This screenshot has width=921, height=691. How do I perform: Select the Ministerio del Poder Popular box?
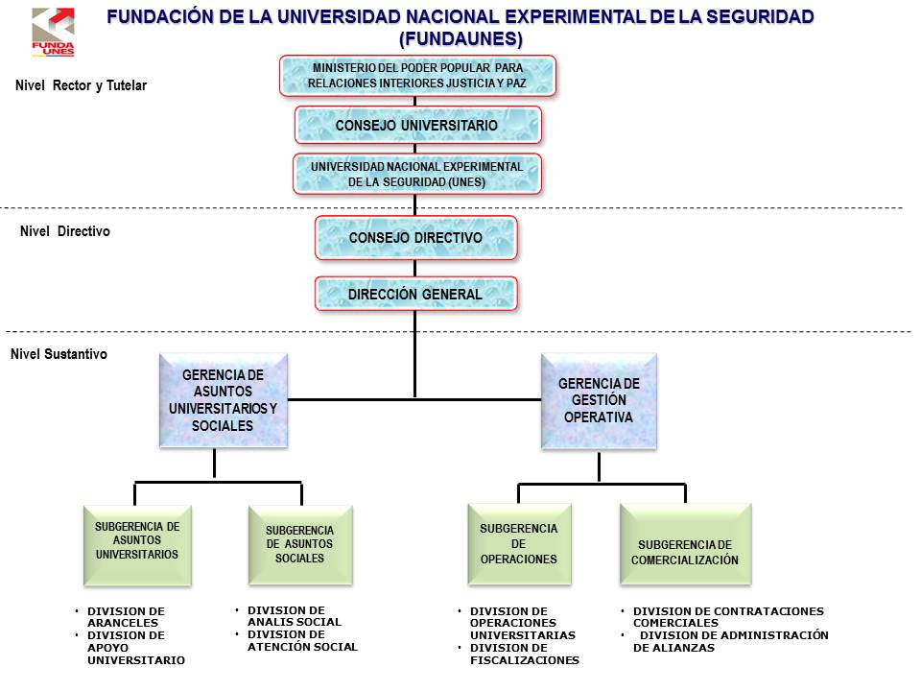click(417, 76)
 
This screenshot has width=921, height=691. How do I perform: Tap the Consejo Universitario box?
click(417, 125)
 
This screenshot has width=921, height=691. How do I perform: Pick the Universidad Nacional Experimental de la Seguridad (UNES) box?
click(417, 174)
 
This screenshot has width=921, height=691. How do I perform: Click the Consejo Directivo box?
click(416, 237)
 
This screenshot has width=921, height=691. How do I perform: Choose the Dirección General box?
click(416, 294)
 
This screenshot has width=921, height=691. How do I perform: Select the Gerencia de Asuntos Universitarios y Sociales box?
click(222, 400)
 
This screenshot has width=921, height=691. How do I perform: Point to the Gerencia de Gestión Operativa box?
click(599, 400)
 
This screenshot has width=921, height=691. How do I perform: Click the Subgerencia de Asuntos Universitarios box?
click(137, 546)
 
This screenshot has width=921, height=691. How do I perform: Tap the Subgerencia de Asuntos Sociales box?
click(300, 546)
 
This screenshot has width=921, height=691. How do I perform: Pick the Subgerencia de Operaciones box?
click(519, 545)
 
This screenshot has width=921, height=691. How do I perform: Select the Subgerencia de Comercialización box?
click(685, 546)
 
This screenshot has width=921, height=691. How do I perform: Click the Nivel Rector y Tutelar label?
click(82, 85)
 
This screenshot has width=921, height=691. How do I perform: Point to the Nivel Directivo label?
click(65, 231)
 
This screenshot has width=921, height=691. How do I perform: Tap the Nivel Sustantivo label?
click(59, 354)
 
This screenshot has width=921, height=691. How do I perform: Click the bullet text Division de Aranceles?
click(126, 616)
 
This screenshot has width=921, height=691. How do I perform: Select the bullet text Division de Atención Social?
click(301, 647)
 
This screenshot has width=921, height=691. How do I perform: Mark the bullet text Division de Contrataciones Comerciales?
click(727, 616)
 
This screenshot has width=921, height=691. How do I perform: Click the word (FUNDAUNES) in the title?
click(460, 39)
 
